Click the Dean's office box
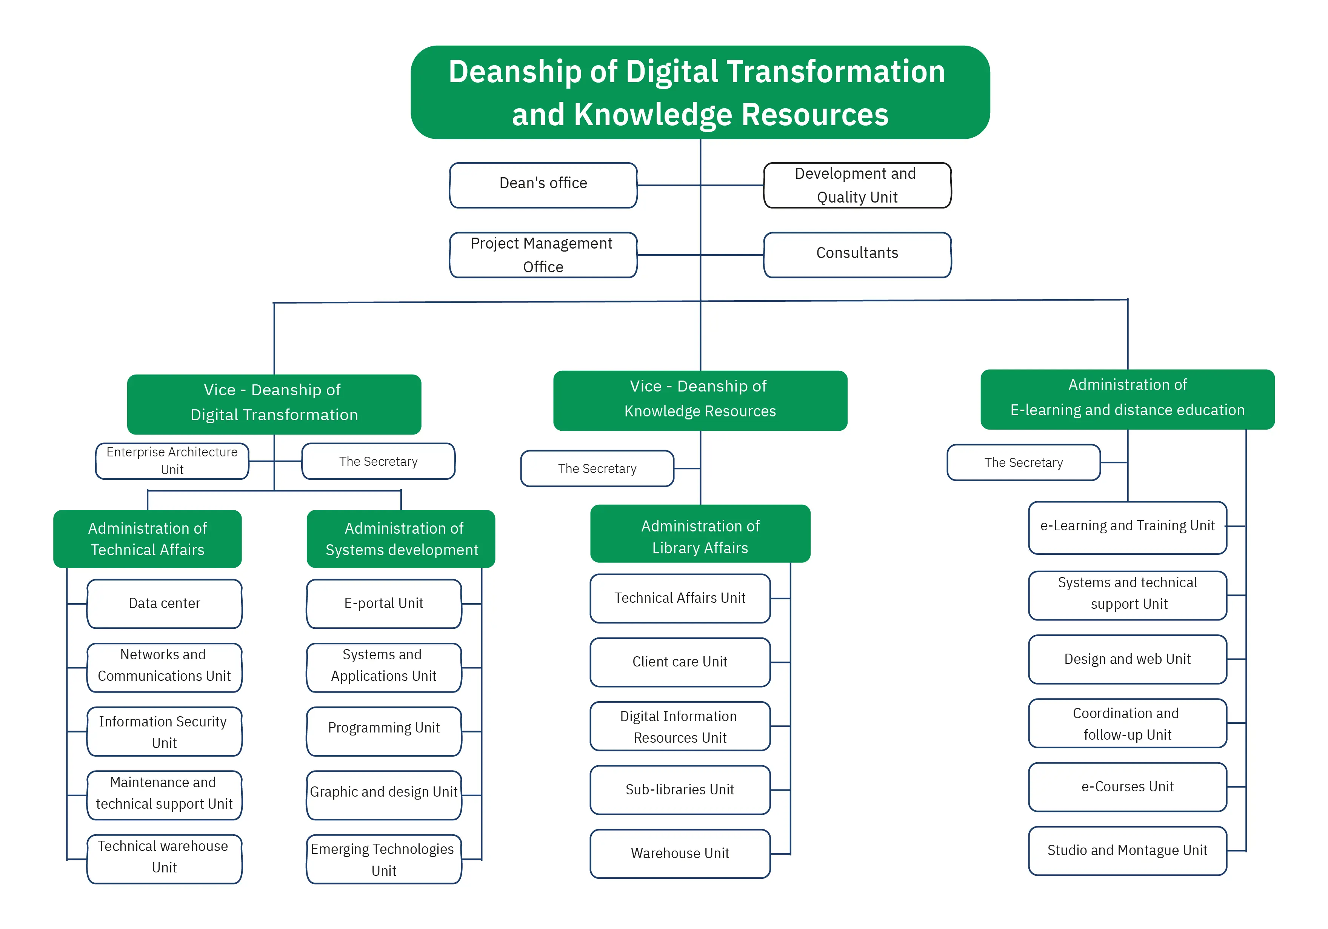pos(543,184)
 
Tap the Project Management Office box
pos(543,255)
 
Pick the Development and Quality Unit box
pos(857,185)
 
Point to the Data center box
pos(164,603)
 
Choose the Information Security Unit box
pos(164,731)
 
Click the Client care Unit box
pos(680,662)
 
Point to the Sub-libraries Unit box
pos(680,790)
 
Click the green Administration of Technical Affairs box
pos(148,539)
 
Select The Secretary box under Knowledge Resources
pos(597,468)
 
